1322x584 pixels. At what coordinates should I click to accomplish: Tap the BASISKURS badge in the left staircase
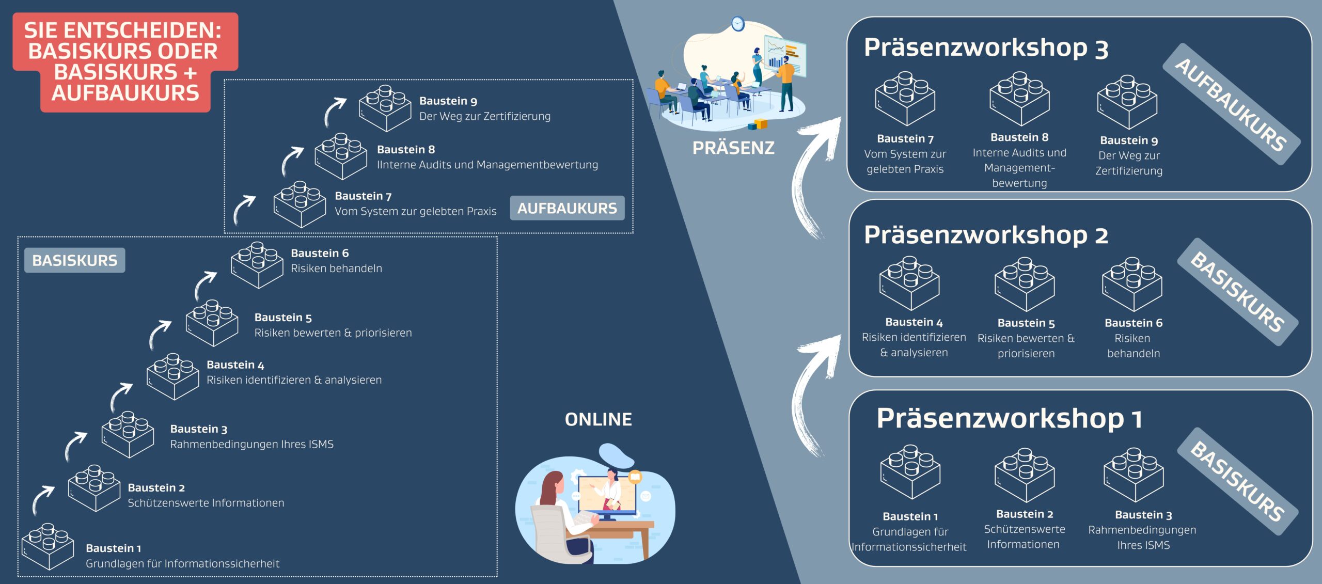[75, 260]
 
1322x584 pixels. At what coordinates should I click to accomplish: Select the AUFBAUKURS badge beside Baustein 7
[567, 208]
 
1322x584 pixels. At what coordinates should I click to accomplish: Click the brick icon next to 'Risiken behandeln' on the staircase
[257, 264]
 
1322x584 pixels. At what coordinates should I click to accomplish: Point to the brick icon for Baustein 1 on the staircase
[48, 546]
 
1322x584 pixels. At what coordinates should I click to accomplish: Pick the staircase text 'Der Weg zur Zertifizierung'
[484, 116]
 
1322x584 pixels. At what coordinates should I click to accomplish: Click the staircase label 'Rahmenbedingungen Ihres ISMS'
[251, 444]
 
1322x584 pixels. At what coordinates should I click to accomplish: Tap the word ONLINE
[598, 419]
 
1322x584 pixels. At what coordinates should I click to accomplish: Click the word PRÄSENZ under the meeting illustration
[733, 148]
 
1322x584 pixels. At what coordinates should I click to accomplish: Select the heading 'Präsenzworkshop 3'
[986, 48]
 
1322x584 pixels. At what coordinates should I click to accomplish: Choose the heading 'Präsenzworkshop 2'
[986, 235]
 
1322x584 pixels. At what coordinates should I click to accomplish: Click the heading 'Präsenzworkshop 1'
[1009, 418]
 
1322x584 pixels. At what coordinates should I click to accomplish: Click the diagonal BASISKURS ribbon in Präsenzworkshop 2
[1237, 292]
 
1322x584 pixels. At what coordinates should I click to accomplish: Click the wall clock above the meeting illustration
[738, 23]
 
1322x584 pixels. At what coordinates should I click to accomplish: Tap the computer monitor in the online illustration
[607, 496]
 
